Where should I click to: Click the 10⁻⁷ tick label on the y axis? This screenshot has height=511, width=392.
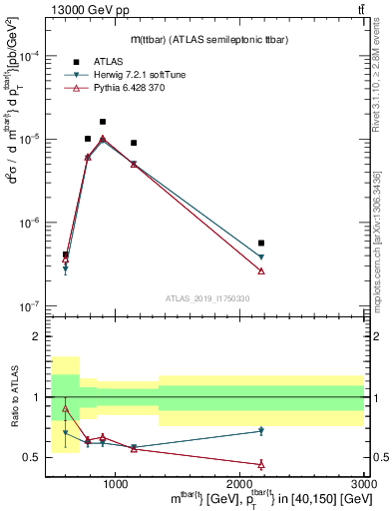pyautogui.click(x=33, y=305)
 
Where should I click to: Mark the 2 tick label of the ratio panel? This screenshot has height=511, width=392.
pyautogui.click(x=40, y=337)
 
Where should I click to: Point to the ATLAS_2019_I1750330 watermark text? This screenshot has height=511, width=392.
pyautogui.click(x=206, y=297)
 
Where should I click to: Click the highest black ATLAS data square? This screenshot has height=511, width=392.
pyautogui.click(x=103, y=122)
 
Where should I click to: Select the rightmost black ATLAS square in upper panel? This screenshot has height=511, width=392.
pyautogui.click(x=261, y=243)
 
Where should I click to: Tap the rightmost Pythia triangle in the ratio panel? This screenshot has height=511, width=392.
pyautogui.click(x=261, y=464)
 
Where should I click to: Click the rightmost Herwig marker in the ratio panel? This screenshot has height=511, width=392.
pyautogui.click(x=261, y=431)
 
